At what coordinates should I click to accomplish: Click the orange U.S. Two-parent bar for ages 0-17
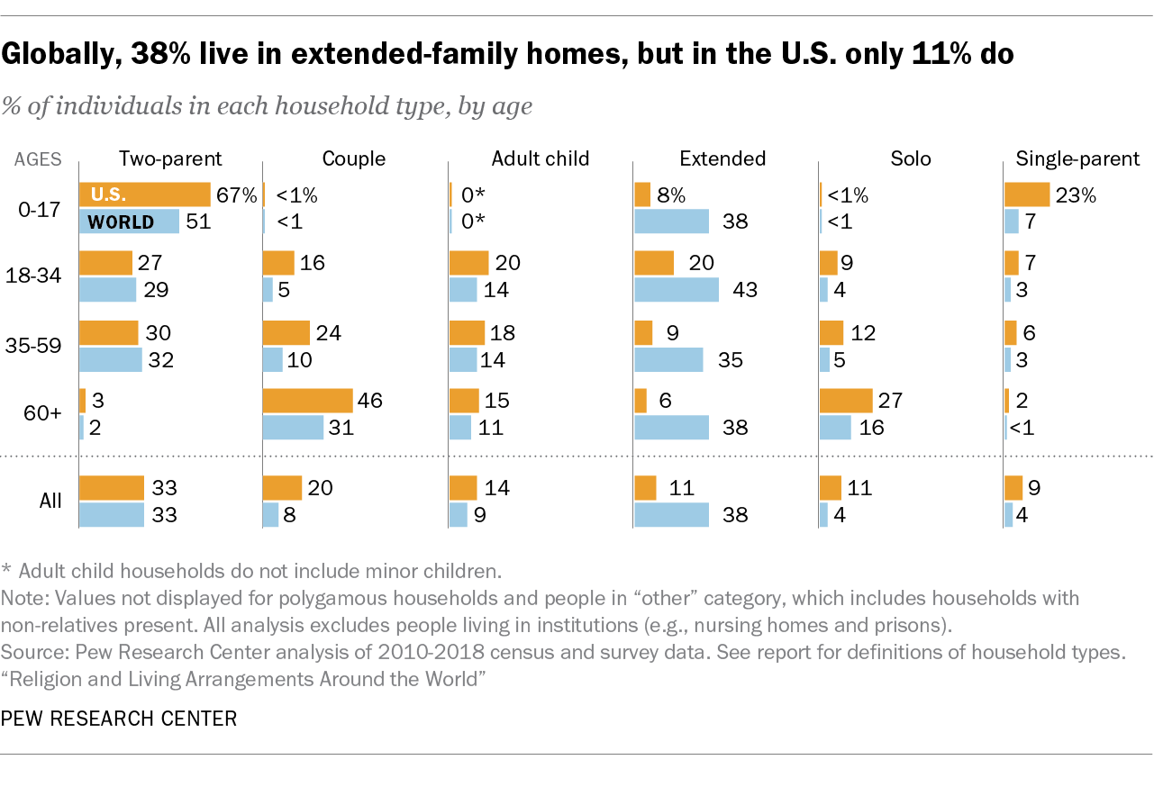click(x=144, y=194)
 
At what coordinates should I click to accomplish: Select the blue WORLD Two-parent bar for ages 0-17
click(x=129, y=222)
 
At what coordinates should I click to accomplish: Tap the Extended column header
click(x=722, y=159)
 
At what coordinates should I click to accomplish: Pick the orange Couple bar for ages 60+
click(x=307, y=401)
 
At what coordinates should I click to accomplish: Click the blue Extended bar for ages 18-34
click(x=677, y=290)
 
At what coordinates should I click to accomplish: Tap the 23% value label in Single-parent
click(x=1077, y=195)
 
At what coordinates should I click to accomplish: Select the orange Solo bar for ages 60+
click(x=846, y=401)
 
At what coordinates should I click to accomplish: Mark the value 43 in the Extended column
click(x=744, y=290)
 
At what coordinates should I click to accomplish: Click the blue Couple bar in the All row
click(x=270, y=515)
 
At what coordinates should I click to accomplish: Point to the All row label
click(x=50, y=501)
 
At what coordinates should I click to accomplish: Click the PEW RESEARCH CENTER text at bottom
click(x=119, y=719)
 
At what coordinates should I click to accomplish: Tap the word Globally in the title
click(x=59, y=55)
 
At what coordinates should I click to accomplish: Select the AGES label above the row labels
click(x=38, y=160)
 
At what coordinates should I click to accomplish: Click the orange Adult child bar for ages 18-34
click(x=468, y=263)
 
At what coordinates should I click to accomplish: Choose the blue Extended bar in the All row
click(x=671, y=515)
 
